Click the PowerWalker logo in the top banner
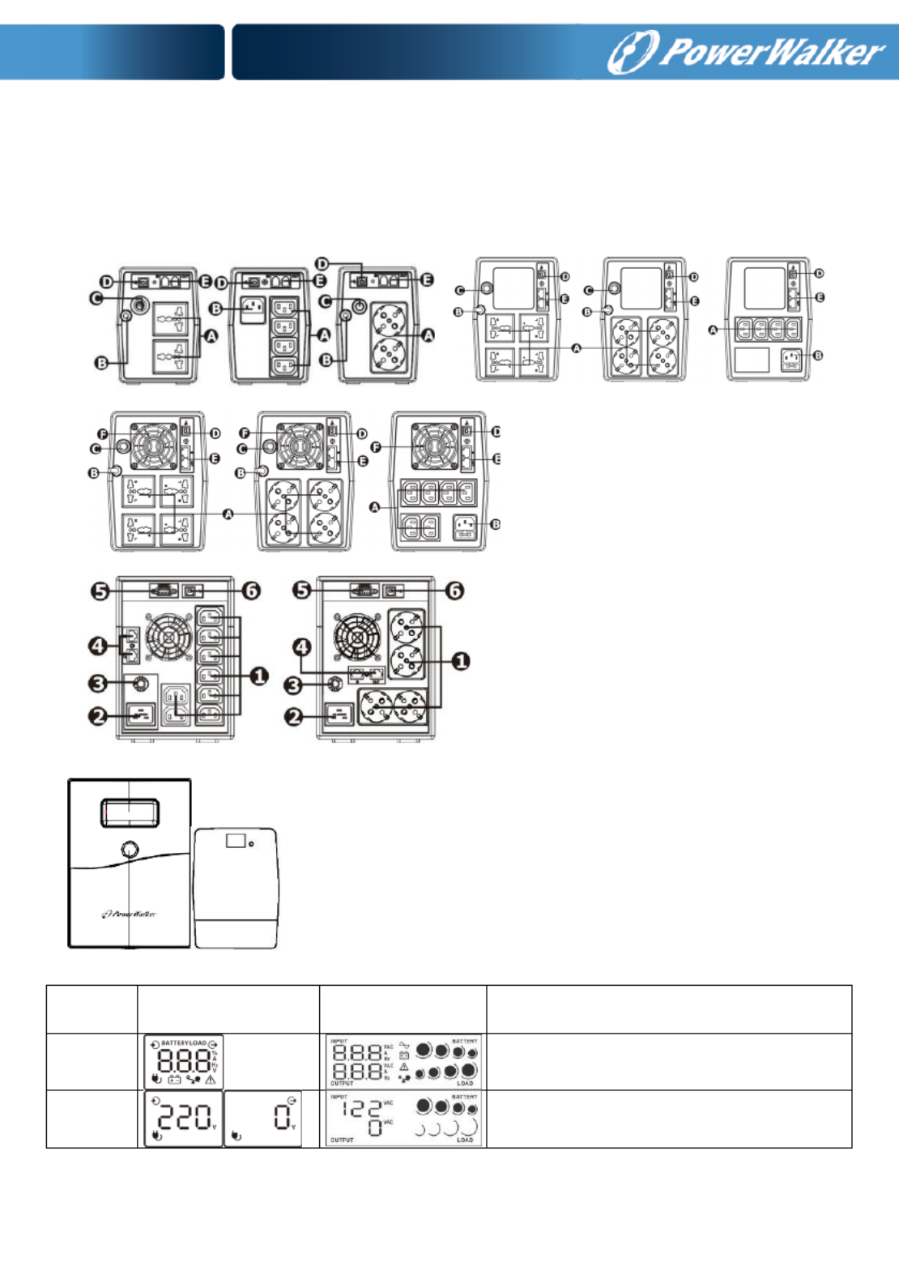click(x=746, y=52)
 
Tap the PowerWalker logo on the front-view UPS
click(x=129, y=914)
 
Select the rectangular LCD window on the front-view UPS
click(x=130, y=812)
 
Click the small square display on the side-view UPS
click(x=236, y=841)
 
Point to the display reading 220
click(x=183, y=1119)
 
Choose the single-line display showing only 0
click(x=262, y=1119)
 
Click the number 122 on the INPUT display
click(x=361, y=1109)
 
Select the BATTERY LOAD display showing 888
click(x=183, y=1062)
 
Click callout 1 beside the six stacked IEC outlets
click(x=258, y=676)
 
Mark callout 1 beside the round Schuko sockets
click(x=460, y=661)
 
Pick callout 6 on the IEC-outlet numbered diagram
click(x=251, y=591)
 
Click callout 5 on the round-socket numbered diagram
click(x=302, y=590)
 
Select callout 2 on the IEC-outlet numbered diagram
click(x=98, y=716)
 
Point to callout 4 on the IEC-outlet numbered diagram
click(x=98, y=646)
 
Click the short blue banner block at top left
click(x=112, y=52)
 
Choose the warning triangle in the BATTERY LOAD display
click(x=211, y=1080)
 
